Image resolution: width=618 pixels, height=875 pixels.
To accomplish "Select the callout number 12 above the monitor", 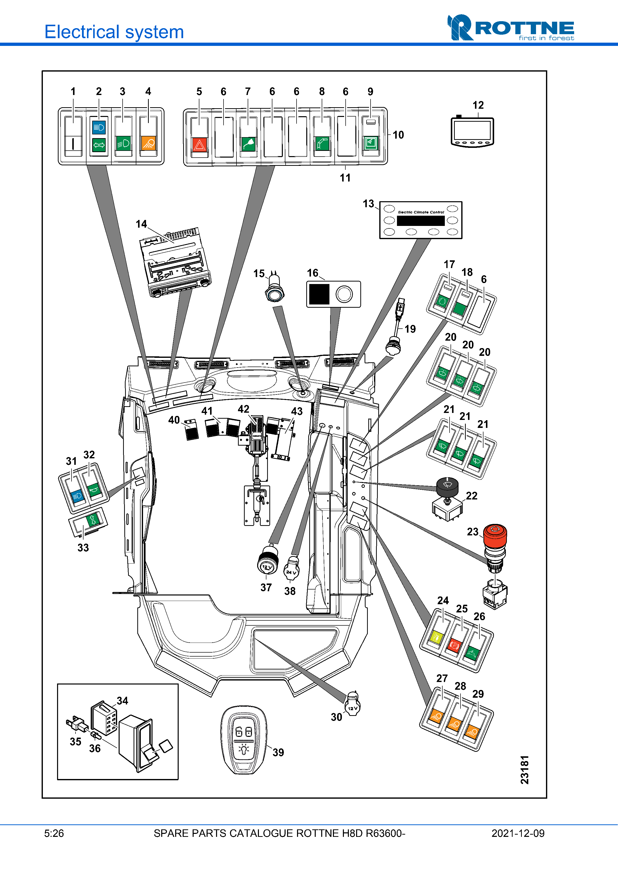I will click(478, 105).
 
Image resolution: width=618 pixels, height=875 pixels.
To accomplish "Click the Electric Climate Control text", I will click(421, 212).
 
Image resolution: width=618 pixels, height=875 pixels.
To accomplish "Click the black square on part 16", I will click(319, 294).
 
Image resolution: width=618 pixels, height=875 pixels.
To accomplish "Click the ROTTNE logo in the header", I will click(511, 28).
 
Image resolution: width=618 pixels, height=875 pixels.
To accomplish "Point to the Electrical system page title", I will click(114, 32).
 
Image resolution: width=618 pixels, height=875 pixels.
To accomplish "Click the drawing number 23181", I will click(525, 770).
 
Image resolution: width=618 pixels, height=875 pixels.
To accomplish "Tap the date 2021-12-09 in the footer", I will click(518, 833).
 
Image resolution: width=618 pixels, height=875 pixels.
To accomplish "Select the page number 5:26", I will click(54, 833).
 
